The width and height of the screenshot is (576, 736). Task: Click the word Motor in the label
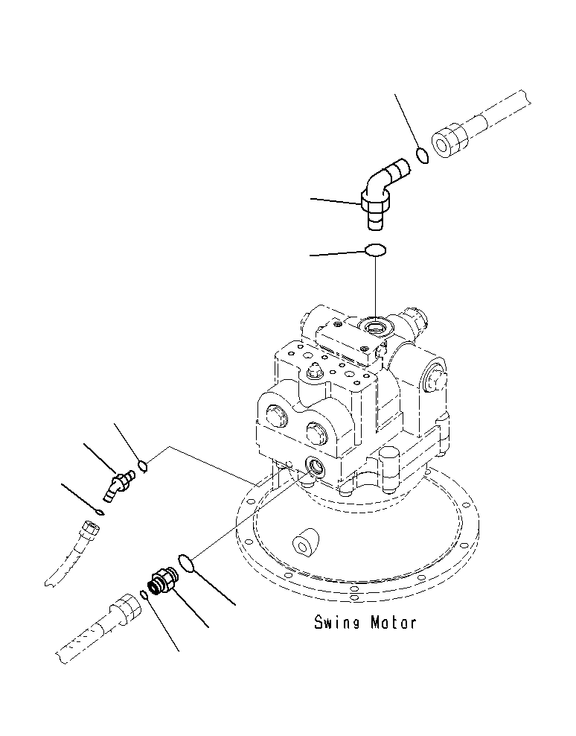point(394,622)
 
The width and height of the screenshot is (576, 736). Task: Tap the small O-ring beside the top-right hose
point(422,156)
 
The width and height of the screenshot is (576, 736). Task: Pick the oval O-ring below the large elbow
point(376,250)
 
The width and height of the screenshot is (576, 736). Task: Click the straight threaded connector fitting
point(161,580)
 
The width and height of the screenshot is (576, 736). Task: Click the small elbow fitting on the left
point(118,482)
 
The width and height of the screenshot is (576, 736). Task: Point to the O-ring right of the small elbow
point(144,467)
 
